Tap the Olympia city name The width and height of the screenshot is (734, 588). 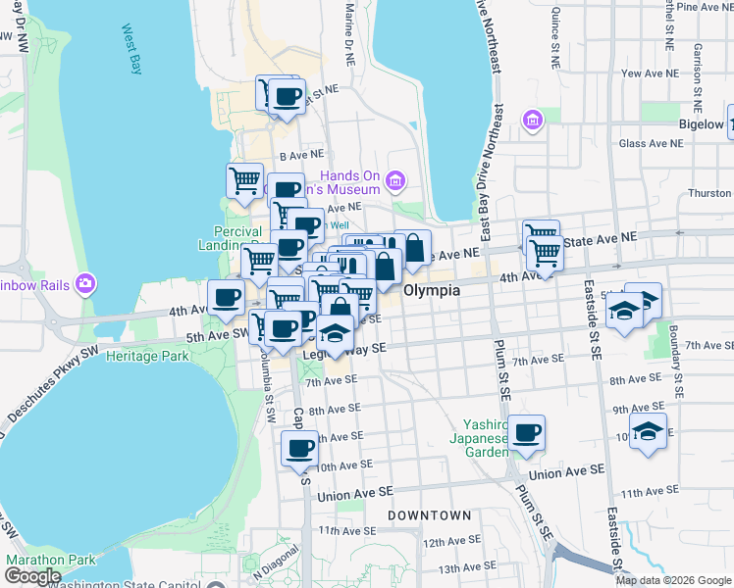coord(431,292)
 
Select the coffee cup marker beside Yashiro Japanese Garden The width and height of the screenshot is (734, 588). coord(527,432)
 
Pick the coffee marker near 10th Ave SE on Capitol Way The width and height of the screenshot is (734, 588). coord(300,450)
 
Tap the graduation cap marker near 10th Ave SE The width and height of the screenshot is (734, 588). coord(648,430)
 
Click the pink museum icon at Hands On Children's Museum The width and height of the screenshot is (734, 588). coord(395,180)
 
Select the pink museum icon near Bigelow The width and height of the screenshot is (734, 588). coord(533,121)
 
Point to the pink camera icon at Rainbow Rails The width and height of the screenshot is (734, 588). coord(85,284)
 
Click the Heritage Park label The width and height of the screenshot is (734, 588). coord(147,357)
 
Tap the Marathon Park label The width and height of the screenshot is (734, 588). coord(51,560)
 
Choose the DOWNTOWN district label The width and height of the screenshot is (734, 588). coord(429,514)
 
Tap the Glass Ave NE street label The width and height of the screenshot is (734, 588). coord(652,143)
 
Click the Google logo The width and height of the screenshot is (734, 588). coord(32,576)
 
